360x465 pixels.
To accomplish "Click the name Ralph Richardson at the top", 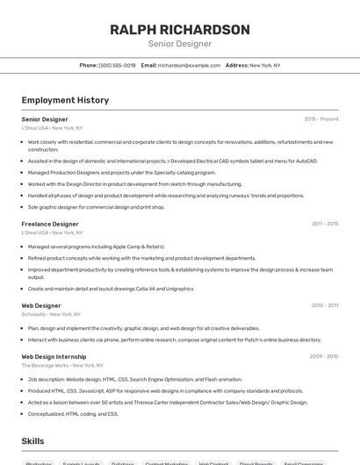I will tap(180, 29).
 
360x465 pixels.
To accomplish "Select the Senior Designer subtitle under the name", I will tap(180, 44).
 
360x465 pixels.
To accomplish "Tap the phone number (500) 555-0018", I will tap(117, 66).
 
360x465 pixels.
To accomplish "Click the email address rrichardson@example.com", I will tap(189, 66).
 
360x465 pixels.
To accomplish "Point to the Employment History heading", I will tap(65, 100).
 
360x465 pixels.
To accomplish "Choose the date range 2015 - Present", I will tap(321, 118).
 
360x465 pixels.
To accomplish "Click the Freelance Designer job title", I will tap(50, 224).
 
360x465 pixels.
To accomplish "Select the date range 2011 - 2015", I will tap(325, 224).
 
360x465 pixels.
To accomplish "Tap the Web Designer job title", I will tap(41, 305).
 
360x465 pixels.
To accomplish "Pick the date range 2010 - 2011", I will tap(325, 305).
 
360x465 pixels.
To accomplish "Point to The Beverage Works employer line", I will tap(62, 365).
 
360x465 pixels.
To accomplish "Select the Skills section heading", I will tap(32, 441).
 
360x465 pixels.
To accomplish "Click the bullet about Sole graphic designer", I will tap(96, 207).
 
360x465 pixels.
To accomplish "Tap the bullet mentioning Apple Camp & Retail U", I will tap(96, 247).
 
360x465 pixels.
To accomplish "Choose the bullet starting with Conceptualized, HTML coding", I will tap(73, 413).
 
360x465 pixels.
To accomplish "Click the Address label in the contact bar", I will tap(237, 66).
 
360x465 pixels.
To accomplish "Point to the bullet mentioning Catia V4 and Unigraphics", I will tap(111, 288).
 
